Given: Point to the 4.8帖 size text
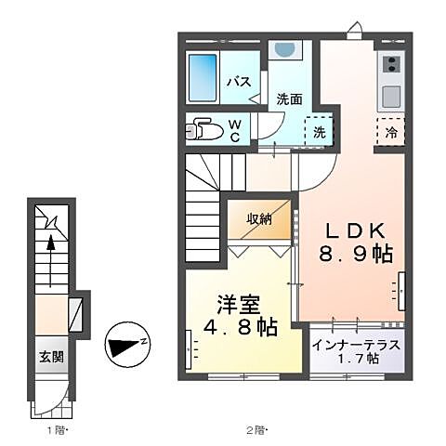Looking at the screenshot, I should tap(241, 328).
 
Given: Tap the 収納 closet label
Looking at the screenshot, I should tap(259, 219).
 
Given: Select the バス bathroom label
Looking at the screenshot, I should tap(240, 81).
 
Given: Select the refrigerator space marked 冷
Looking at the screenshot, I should tap(389, 132).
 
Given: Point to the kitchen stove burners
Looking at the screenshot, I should tap(390, 65).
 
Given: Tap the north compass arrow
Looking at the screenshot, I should tap(125, 347).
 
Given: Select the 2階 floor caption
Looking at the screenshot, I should tap(256, 429).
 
